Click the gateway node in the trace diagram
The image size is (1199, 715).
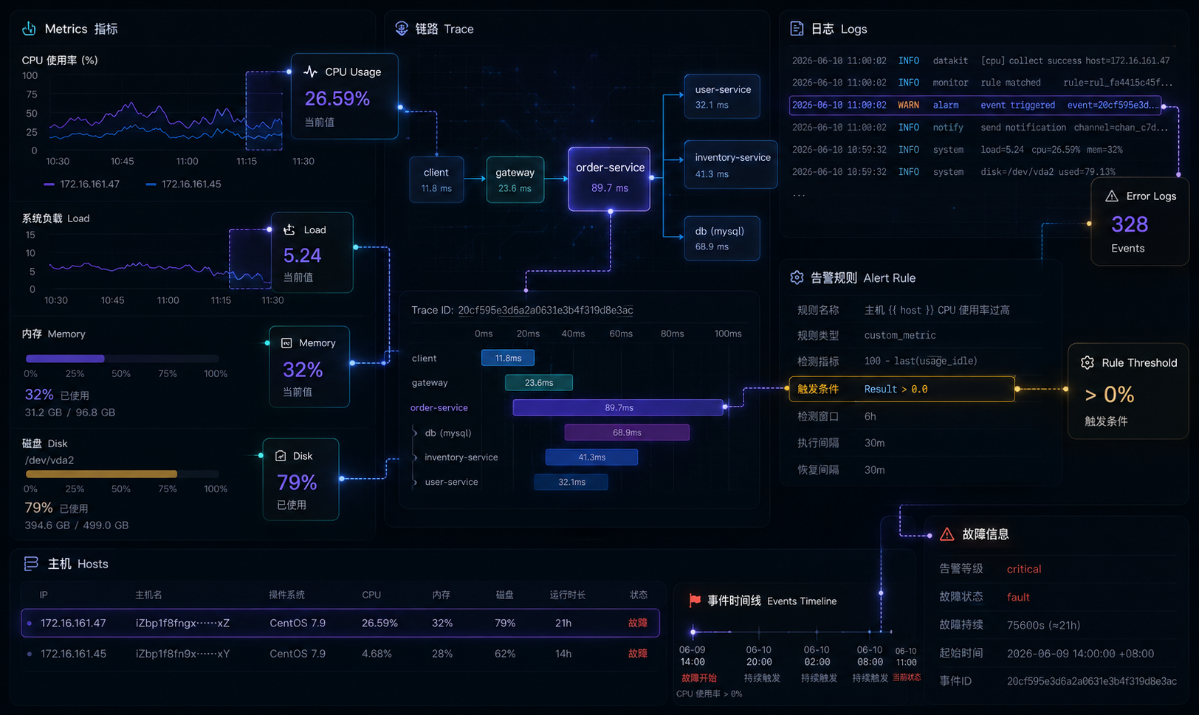coord(515,180)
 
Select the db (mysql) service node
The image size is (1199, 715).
coord(721,238)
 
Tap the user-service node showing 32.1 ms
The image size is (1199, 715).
coord(721,96)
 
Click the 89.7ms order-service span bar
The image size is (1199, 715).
coord(618,407)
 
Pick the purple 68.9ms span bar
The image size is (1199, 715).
coord(627,432)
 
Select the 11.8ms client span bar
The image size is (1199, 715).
coord(507,358)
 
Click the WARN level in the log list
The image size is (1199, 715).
coord(908,105)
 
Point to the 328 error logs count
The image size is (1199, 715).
coord(1130,224)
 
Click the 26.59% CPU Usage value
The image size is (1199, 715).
coord(337,98)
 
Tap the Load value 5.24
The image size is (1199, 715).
coord(302,255)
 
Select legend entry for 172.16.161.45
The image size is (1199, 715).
coord(184,184)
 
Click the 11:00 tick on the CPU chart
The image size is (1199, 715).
coord(187,161)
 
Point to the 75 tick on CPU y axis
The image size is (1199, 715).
coord(32,94)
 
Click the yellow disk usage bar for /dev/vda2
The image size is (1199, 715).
coord(101,474)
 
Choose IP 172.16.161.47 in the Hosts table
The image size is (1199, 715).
coord(73,623)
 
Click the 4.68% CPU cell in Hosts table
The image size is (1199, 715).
coord(377,654)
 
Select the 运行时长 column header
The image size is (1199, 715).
coord(567,595)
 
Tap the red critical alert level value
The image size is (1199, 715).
coord(1024,569)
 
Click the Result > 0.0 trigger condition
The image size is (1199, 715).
coord(896,389)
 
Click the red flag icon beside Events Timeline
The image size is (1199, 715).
coord(695,601)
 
